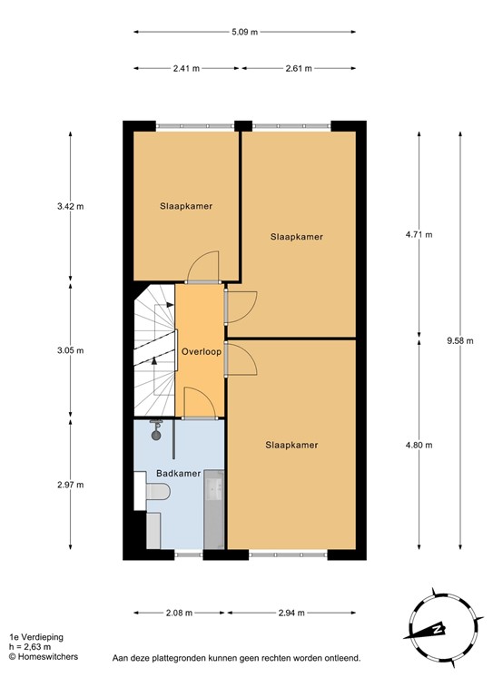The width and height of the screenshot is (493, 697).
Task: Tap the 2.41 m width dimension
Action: [188, 68]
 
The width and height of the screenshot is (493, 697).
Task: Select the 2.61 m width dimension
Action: [297, 68]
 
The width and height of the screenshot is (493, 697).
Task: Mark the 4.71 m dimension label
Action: [419, 235]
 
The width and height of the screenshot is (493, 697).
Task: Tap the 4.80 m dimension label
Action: [419, 445]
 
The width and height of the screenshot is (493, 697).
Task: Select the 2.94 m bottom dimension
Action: [291, 614]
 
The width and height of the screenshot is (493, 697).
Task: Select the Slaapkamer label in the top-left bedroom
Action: [186, 206]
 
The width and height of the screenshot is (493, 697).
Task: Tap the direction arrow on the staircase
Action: [154, 361]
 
